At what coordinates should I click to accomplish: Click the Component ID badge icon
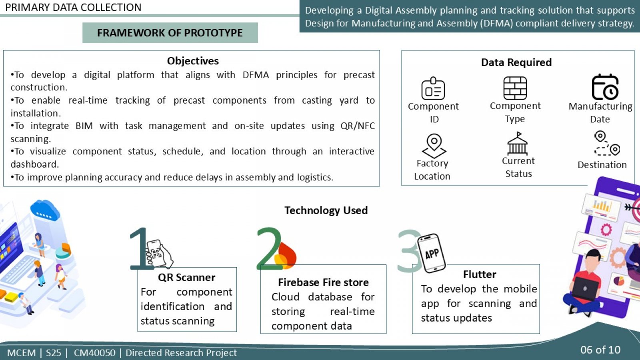pyautogui.click(x=433, y=88)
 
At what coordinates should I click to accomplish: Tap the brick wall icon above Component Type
pyautogui.click(x=515, y=88)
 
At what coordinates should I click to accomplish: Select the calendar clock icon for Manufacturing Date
pyautogui.click(x=605, y=87)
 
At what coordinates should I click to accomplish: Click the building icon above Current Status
pyautogui.click(x=518, y=143)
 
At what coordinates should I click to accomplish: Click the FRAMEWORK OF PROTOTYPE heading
pyautogui.click(x=170, y=33)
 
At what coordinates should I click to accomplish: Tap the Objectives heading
pyautogui.click(x=193, y=61)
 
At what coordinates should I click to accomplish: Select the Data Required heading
pyautogui.click(x=516, y=62)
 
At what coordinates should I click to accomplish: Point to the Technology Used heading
pyautogui.click(x=326, y=210)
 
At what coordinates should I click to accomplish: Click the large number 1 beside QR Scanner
pyautogui.click(x=140, y=248)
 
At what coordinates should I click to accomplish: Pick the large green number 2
pyautogui.click(x=268, y=248)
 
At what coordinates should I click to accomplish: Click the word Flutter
pyautogui.click(x=480, y=274)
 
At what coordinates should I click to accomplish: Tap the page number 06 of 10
pyautogui.click(x=600, y=350)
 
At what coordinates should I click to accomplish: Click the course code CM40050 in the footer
pyautogui.click(x=94, y=353)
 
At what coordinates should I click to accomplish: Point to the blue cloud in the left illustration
pyautogui.click(x=45, y=210)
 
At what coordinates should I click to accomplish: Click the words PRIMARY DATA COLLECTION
pyautogui.click(x=73, y=8)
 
